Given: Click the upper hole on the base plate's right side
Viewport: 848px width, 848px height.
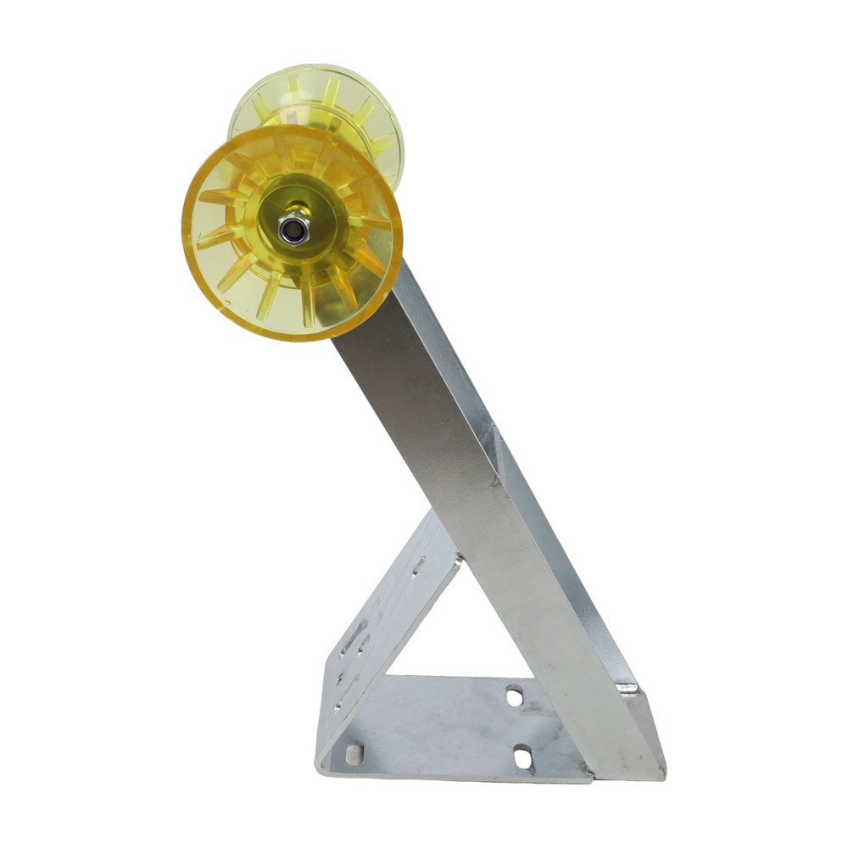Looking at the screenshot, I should (x=514, y=697).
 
